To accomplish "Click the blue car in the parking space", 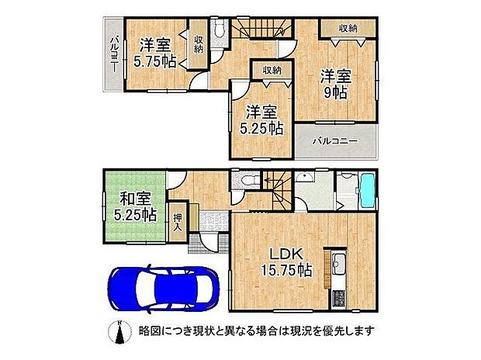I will click(x=161, y=289).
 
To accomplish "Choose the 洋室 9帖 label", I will click(x=336, y=82).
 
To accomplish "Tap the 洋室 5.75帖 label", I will click(x=153, y=53).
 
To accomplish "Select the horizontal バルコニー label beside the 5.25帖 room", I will click(x=335, y=142).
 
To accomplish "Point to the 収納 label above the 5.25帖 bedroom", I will click(x=272, y=70).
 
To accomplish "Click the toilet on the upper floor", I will click(x=218, y=32).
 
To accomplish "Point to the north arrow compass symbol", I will click(x=118, y=331).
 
